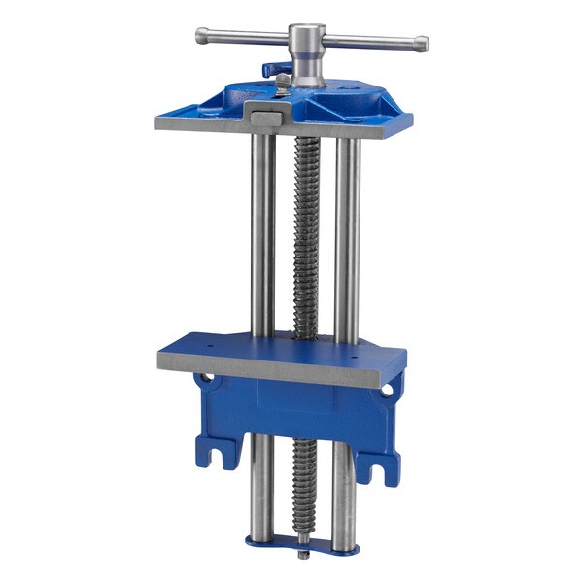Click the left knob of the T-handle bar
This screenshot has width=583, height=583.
coord(201,35)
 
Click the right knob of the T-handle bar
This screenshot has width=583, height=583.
coord(422,44)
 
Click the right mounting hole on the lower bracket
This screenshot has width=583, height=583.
coord(387,389)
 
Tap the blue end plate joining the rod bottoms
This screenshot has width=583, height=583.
coord(302,545)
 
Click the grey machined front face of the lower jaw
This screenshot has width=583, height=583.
coord(282,367)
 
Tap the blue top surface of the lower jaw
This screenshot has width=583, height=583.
coord(282,345)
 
